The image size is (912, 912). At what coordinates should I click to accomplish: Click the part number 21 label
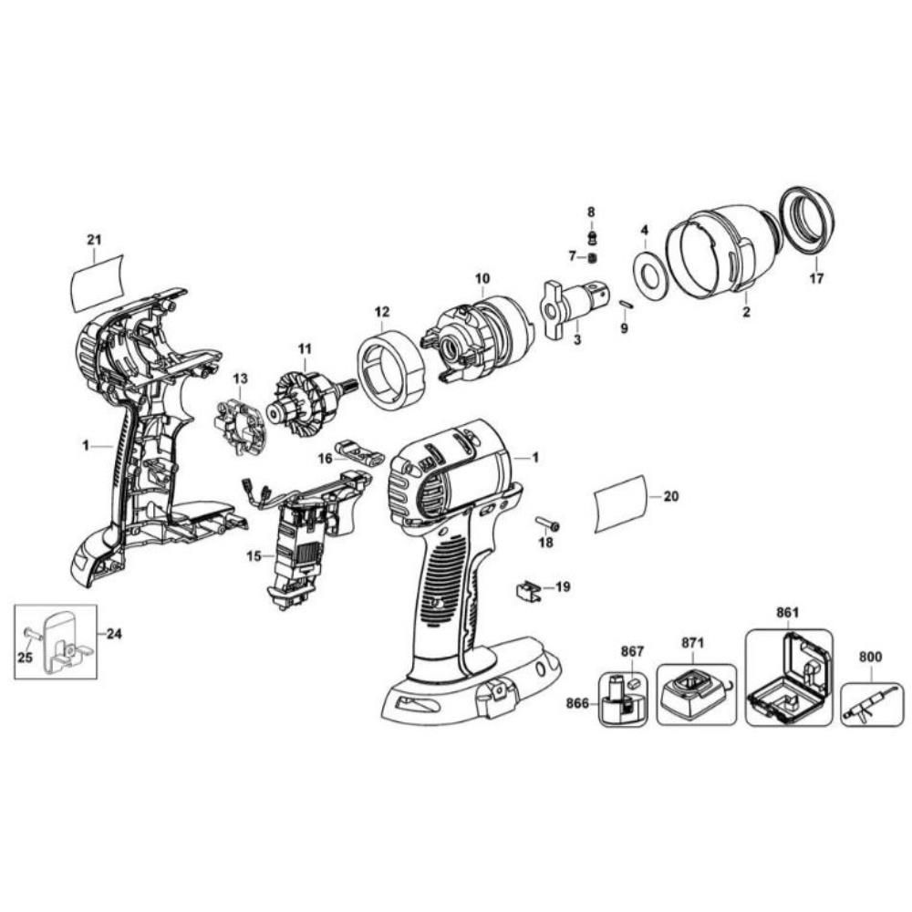click(93, 240)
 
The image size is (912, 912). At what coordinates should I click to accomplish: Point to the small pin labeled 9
click(625, 304)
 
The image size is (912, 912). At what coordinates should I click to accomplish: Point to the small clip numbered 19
click(523, 590)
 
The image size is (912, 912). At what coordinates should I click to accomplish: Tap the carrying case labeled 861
click(788, 679)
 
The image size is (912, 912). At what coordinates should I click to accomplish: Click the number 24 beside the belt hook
click(114, 633)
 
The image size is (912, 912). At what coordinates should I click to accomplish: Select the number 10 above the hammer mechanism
click(482, 277)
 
